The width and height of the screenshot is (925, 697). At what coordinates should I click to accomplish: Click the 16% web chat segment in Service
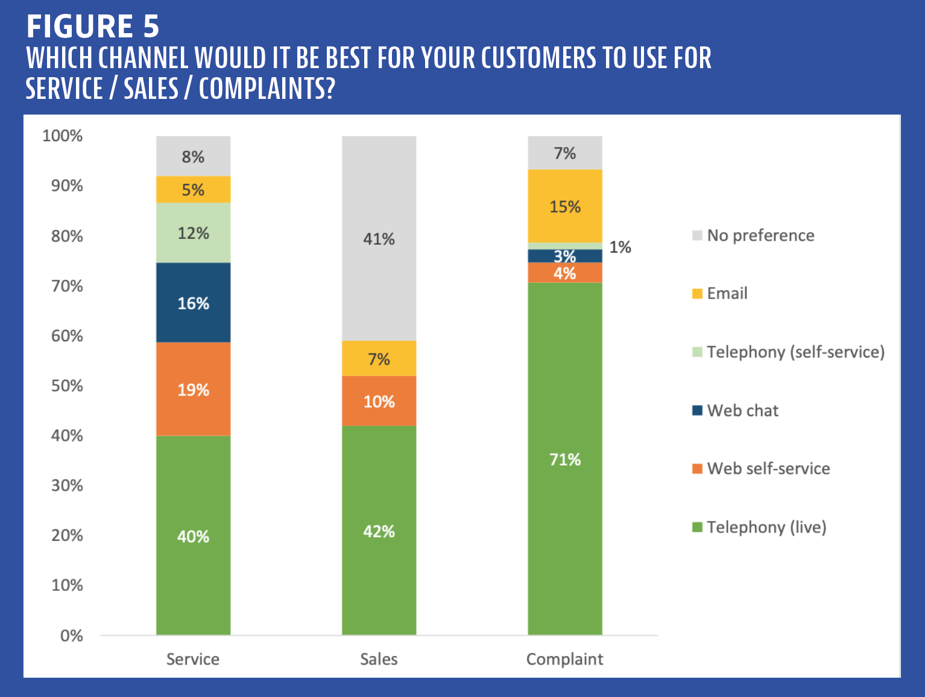tap(193, 303)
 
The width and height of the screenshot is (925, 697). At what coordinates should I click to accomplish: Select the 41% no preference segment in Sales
tap(379, 239)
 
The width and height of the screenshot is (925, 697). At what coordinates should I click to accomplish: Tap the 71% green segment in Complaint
tap(564, 459)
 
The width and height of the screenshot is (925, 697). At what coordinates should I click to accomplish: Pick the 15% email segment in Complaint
tap(564, 206)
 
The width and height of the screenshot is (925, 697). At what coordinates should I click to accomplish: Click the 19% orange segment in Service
tap(193, 389)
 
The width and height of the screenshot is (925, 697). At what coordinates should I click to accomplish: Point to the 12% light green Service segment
tap(193, 233)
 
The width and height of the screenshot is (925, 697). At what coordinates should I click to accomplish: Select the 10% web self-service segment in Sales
tap(379, 401)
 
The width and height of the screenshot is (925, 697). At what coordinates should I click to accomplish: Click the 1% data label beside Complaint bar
tap(620, 247)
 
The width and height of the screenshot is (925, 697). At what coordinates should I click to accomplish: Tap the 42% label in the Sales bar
tap(379, 531)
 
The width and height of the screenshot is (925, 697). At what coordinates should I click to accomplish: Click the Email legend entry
tap(727, 294)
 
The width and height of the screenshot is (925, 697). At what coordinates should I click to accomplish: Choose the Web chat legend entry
tap(742, 411)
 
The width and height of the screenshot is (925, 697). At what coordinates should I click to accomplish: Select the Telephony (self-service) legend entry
tap(795, 352)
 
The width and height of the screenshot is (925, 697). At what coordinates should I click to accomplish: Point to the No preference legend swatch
tap(697, 235)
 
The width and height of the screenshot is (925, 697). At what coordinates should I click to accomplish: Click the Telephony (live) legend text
tap(766, 528)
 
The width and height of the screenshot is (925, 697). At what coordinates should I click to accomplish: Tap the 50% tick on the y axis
tap(67, 385)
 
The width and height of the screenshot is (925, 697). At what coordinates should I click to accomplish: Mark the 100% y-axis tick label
tap(62, 136)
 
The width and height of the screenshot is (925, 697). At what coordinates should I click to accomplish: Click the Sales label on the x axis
tap(379, 659)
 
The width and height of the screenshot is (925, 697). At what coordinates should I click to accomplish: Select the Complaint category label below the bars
tap(564, 659)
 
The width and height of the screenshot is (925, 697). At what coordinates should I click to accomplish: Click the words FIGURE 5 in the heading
tap(93, 27)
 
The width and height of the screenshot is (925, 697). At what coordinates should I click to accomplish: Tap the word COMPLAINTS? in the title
tap(267, 89)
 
